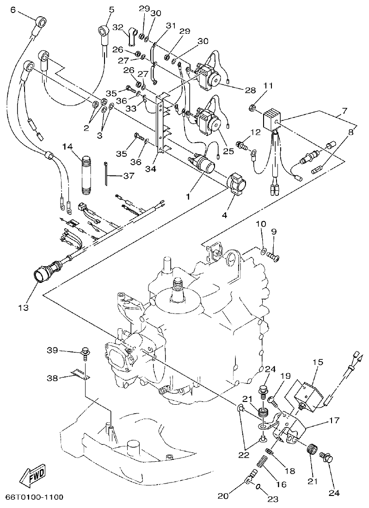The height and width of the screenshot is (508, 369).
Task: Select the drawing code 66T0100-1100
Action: (x=34, y=497)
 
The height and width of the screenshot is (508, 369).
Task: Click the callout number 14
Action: (x=68, y=147)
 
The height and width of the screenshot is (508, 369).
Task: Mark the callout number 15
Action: (x=318, y=362)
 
